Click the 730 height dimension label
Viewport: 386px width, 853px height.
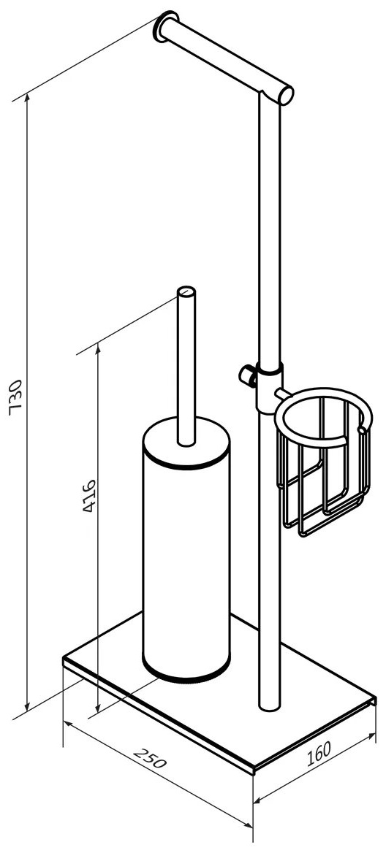pos(15,398)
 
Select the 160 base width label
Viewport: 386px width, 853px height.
pos(319,754)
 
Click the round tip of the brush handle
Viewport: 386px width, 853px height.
pos(186,291)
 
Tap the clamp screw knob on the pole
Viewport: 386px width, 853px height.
pos(246,375)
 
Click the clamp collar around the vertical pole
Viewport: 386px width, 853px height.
pos(270,389)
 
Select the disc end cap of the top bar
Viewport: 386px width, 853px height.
pos(165,26)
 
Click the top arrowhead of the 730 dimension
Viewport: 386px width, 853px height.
pos(27,102)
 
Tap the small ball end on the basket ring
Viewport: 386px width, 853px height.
pos(361,429)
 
